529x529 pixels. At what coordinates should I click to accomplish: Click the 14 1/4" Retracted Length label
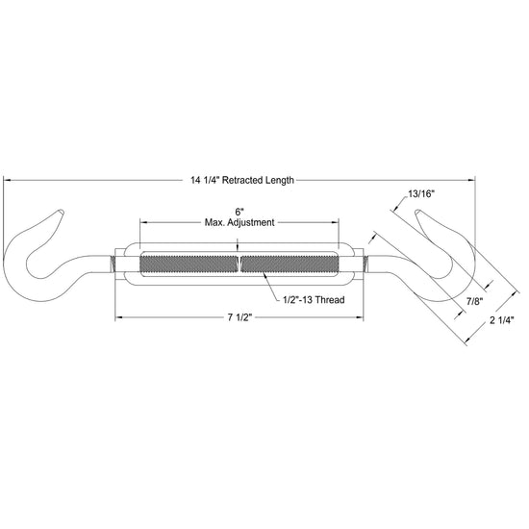pyautogui.click(x=242, y=180)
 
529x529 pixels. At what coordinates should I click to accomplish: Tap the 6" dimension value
pyautogui.click(x=239, y=213)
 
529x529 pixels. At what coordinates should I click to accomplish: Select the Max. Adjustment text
pyautogui.click(x=239, y=223)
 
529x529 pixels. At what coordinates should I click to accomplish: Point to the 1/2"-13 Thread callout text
pyautogui.click(x=314, y=299)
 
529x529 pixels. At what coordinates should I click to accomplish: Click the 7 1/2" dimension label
pyautogui.click(x=239, y=317)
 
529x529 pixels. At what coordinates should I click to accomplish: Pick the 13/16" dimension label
pyautogui.click(x=421, y=194)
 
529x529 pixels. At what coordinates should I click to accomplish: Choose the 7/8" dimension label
pyautogui.click(x=475, y=301)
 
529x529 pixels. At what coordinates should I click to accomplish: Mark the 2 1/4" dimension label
pyautogui.click(x=502, y=320)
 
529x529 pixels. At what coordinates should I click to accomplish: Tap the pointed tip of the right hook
pyautogui.click(x=417, y=212)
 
